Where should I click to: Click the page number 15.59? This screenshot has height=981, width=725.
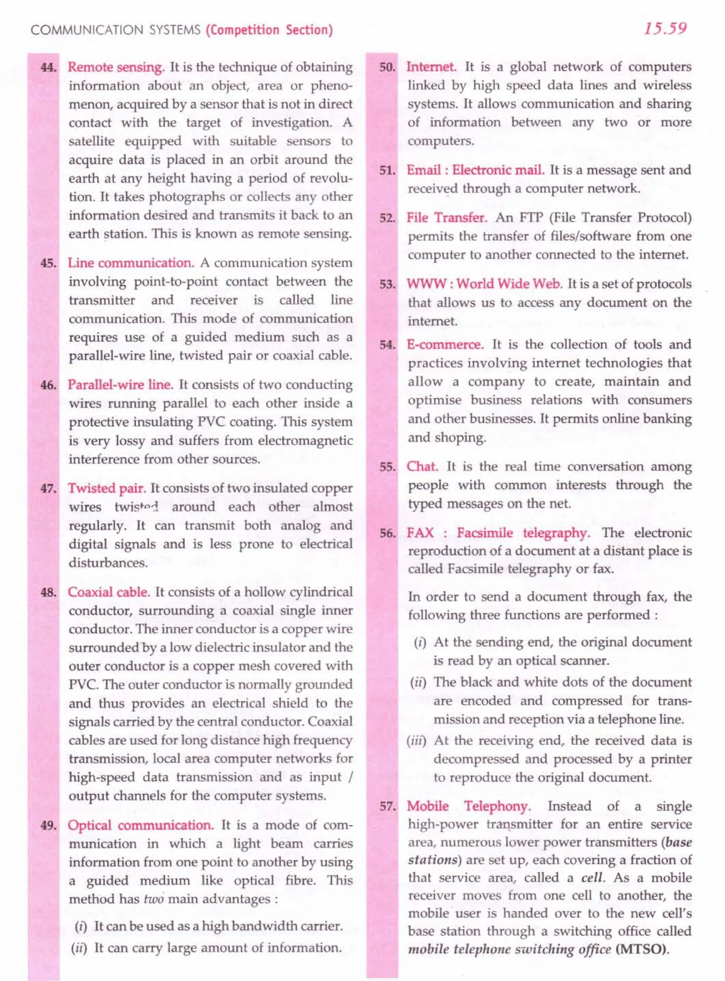pyautogui.click(x=665, y=29)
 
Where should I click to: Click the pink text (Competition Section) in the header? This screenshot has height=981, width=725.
pyautogui.click(x=269, y=30)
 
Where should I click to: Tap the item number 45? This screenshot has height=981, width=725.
pyautogui.click(x=48, y=263)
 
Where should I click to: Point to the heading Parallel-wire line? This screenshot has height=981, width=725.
pyautogui.click(x=120, y=385)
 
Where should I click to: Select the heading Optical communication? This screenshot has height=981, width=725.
pyautogui.click(x=141, y=825)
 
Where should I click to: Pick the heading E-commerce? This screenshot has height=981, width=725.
pyautogui.click(x=445, y=344)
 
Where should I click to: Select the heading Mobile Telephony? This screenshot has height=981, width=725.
pyautogui.click(x=468, y=806)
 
